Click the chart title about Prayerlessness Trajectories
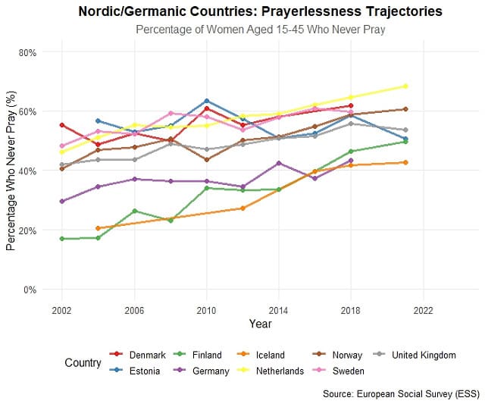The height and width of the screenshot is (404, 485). coord(260,12)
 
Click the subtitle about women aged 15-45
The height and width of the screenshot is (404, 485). coord(260,30)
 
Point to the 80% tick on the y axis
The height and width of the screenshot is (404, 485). coord(28,52)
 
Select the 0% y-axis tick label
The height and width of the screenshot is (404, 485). coord(30,290)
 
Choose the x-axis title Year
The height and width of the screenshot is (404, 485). coord(260,324)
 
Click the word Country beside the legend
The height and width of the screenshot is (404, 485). coord(83,363)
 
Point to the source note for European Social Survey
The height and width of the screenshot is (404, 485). coord(399,394)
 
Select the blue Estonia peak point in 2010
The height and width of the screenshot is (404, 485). coord(206,101)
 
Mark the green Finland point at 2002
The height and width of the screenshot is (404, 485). coord(61,239)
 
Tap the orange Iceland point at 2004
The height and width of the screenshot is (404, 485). coord(98,228)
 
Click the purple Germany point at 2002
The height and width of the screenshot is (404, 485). coord(61,202)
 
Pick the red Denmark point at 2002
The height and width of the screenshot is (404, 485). coord(61,125)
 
